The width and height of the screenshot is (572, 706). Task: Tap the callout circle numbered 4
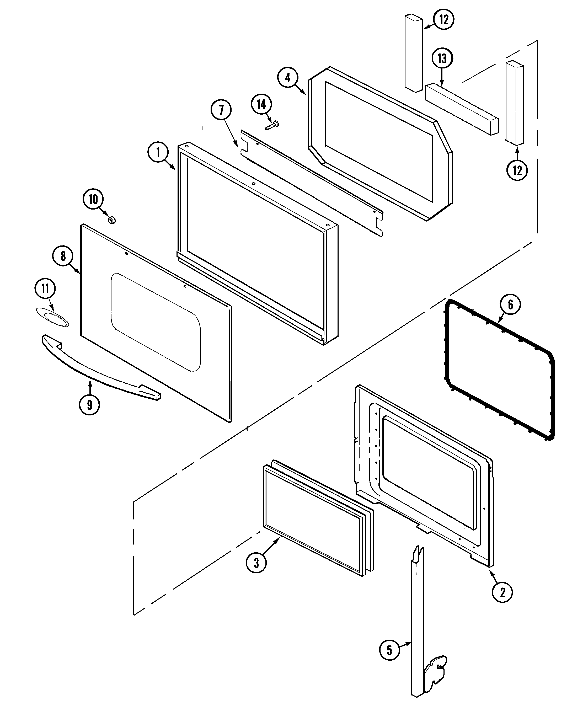[288, 78]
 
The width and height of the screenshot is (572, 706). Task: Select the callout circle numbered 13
[442, 59]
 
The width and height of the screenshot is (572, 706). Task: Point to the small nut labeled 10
[112, 220]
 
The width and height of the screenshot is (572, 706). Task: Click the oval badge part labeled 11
[53, 318]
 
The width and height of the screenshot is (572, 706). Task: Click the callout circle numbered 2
[502, 592]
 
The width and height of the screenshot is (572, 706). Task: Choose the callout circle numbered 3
[256, 563]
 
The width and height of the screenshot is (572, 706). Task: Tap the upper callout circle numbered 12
[444, 19]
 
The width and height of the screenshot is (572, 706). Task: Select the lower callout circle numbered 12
[517, 170]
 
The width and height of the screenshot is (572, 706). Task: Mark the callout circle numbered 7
[221, 110]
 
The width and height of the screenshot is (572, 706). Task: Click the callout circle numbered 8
[63, 256]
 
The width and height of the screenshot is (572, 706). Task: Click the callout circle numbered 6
[510, 304]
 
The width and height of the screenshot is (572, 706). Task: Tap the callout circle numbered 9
[89, 405]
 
